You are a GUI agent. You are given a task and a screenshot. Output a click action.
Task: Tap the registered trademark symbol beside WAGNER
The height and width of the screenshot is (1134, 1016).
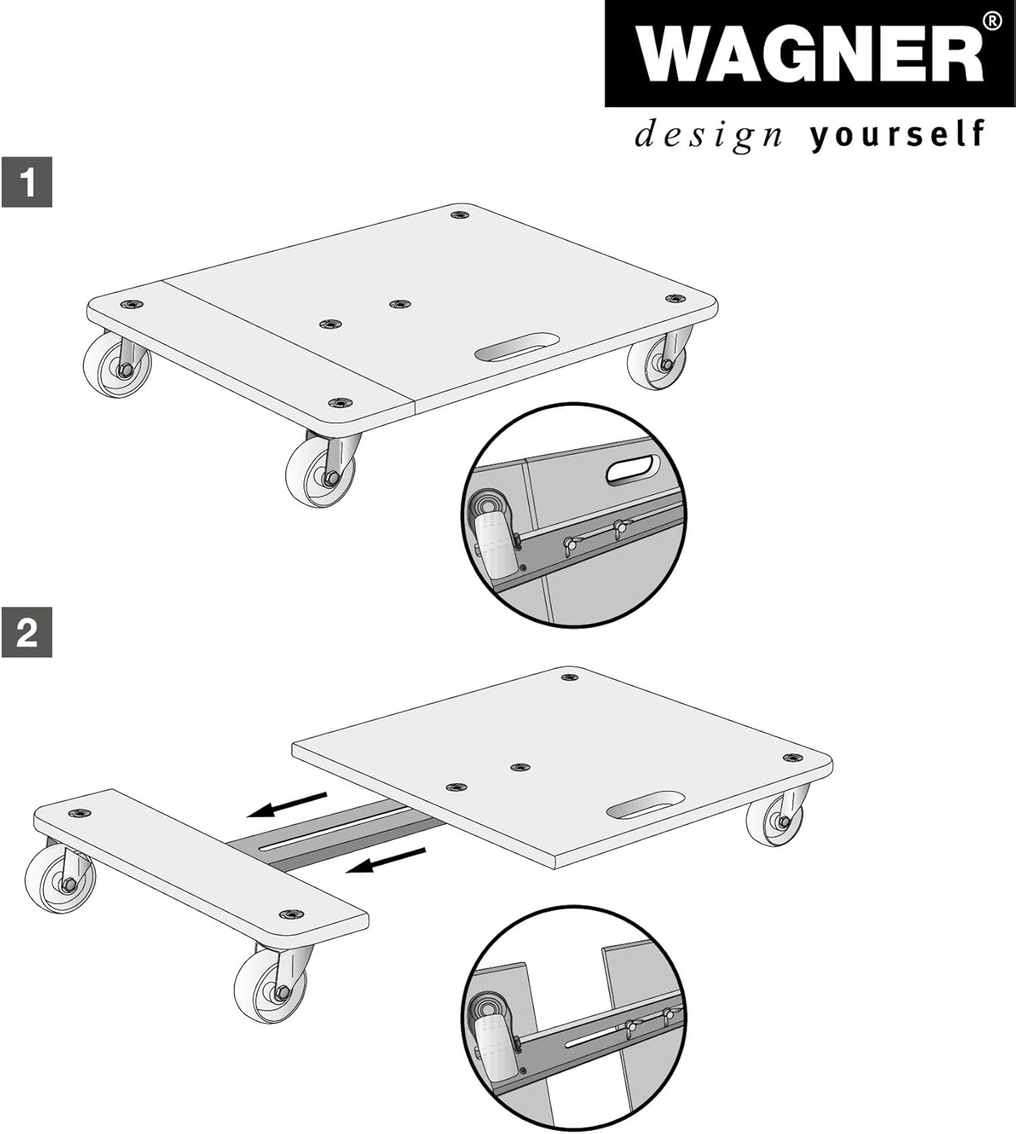[992, 20]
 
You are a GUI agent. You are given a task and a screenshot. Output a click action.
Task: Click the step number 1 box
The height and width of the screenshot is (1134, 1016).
[27, 182]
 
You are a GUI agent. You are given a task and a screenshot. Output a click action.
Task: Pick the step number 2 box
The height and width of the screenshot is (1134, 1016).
[27, 633]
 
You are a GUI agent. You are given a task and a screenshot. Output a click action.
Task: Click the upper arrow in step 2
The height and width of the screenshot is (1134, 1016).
[287, 804]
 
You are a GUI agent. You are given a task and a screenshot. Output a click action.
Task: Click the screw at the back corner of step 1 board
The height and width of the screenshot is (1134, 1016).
[460, 215]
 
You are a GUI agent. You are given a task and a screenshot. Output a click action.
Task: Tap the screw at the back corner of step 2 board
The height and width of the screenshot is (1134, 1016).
[570, 677]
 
